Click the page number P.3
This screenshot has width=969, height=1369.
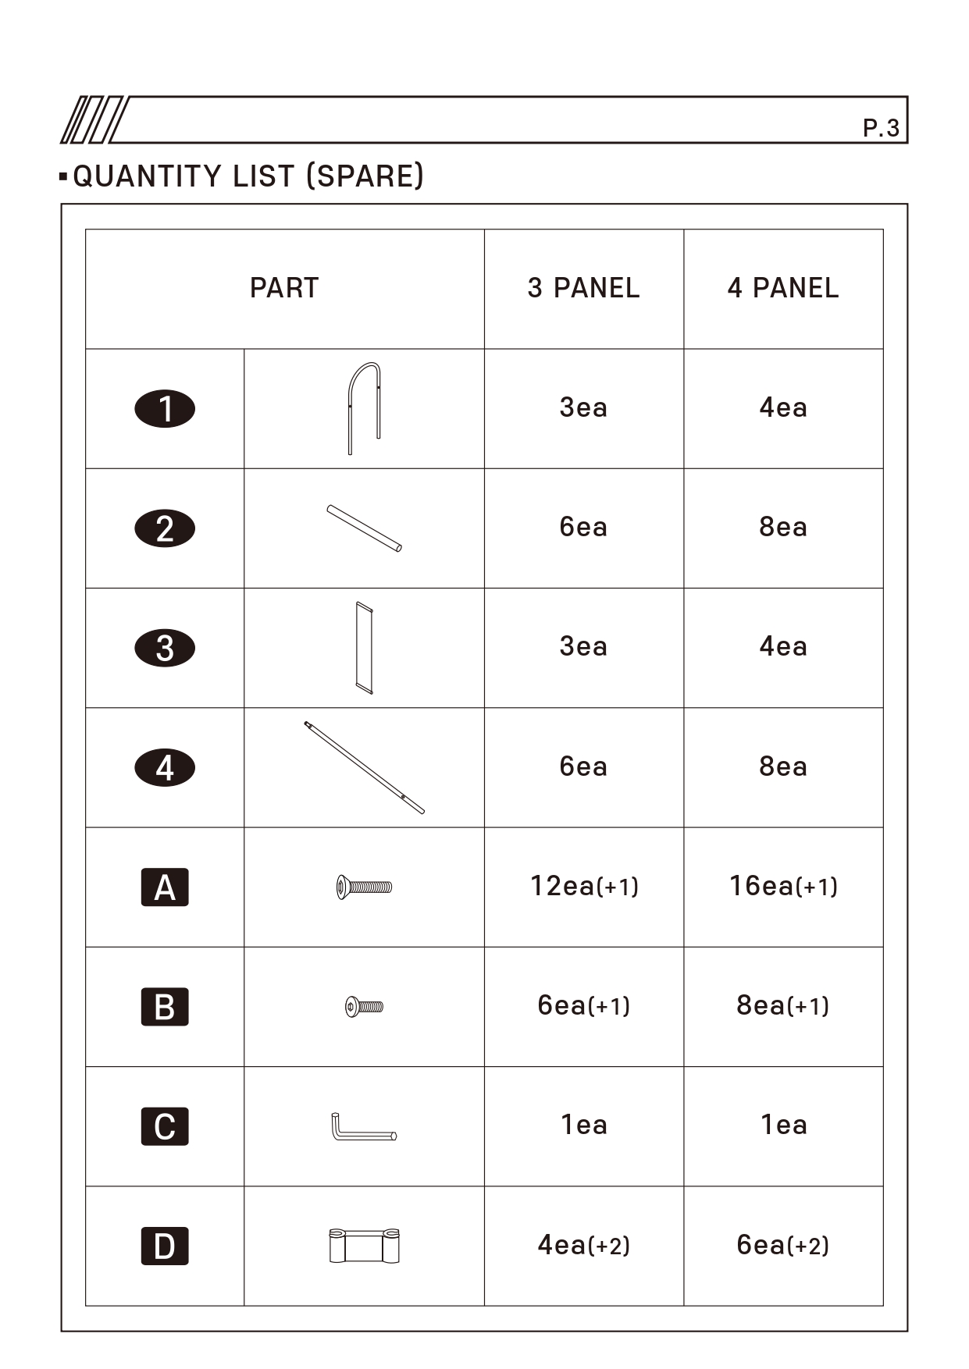pyautogui.click(x=881, y=128)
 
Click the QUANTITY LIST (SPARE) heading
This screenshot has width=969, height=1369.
pyautogui.click(x=248, y=176)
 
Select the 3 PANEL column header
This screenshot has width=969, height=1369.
pyautogui.click(x=583, y=288)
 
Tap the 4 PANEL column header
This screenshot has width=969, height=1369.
pyautogui.click(x=783, y=288)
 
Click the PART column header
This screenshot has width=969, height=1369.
pyautogui.click(x=284, y=288)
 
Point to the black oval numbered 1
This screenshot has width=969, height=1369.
pyautogui.click(x=165, y=409)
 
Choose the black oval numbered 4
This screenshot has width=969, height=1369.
pyautogui.click(x=165, y=768)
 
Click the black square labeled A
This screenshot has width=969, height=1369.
pyautogui.click(x=165, y=887)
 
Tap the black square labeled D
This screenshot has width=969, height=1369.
pyautogui.click(x=165, y=1246)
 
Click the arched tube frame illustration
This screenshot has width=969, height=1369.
pyautogui.click(x=364, y=407)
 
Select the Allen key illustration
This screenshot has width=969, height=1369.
pyautogui.click(x=363, y=1128)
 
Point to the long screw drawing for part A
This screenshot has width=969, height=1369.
pyautogui.click(x=364, y=887)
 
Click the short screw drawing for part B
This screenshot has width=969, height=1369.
pyautogui.click(x=364, y=1007)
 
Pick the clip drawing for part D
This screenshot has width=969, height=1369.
pyautogui.click(x=364, y=1246)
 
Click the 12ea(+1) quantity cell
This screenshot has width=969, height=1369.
pyautogui.click(x=584, y=887)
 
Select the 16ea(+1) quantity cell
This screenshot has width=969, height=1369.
pyautogui.click(x=783, y=887)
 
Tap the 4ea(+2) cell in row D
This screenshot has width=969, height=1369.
pyautogui.click(x=584, y=1245)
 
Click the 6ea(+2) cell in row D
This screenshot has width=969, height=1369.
pyautogui.click(x=783, y=1245)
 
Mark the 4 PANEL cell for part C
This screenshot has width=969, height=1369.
pyautogui.click(x=783, y=1125)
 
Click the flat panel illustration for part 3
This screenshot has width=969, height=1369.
pyautogui.click(x=364, y=648)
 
